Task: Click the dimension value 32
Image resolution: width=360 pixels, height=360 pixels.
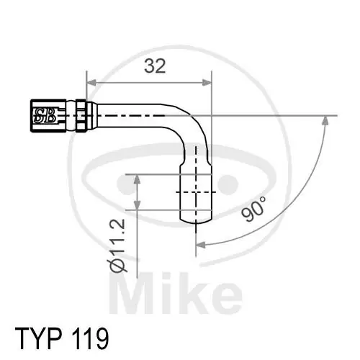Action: (x=154, y=66)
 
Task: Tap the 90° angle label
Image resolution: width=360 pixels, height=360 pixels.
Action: (x=254, y=209)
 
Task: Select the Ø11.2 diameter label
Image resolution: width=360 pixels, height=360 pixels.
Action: (x=120, y=246)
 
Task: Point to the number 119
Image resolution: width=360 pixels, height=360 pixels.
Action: (x=90, y=336)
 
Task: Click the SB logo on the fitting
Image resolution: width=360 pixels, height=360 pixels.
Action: (x=45, y=114)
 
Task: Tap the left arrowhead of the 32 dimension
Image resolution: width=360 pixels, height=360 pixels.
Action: (x=91, y=78)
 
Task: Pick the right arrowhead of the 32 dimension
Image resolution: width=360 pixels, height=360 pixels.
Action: (x=207, y=78)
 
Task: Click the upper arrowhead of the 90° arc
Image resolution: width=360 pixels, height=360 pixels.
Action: (x=327, y=121)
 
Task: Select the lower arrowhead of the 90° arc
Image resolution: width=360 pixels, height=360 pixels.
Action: (x=202, y=245)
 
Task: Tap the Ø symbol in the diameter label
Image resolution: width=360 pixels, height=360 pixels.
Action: (x=120, y=266)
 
